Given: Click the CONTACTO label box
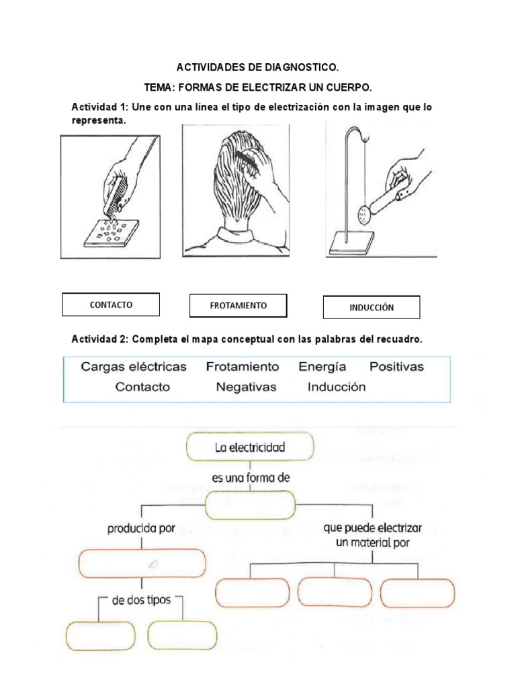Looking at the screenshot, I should (x=111, y=304).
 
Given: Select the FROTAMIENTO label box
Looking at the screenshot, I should (x=238, y=306).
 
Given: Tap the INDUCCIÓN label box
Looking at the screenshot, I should (x=371, y=308).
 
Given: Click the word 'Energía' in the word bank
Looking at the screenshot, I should (x=322, y=367).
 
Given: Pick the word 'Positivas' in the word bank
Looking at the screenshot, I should (x=396, y=367).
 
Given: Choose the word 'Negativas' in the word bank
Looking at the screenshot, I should (x=246, y=387).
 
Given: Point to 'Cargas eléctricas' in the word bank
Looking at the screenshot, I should (x=134, y=367).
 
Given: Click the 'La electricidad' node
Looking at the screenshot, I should (x=250, y=446).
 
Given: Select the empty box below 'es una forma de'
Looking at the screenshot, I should (x=250, y=505).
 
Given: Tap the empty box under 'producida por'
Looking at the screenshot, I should (x=142, y=563).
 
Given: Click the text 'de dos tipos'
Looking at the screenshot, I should (x=141, y=599).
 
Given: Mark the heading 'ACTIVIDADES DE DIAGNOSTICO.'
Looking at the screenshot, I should (x=258, y=67).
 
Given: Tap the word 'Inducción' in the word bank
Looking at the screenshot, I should (x=337, y=387).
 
